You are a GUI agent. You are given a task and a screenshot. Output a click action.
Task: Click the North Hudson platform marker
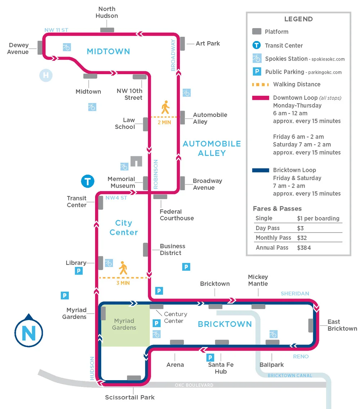point(107,30)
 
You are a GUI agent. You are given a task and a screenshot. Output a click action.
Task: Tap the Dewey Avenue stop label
point(19,49)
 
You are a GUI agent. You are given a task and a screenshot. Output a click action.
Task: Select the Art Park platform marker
point(182,44)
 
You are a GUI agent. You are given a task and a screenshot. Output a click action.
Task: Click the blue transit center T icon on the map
point(87,181)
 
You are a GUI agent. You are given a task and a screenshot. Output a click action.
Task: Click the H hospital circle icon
point(46,76)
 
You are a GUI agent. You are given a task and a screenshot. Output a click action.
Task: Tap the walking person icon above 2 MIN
point(165,107)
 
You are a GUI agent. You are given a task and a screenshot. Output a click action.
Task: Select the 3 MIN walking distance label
point(123,283)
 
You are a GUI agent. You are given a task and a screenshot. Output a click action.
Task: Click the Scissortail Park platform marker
point(134,378)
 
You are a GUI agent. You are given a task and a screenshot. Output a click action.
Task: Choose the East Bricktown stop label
point(342,325)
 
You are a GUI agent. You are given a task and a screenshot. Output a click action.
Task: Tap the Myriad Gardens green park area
point(125,324)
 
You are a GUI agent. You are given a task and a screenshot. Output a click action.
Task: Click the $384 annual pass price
point(304,248)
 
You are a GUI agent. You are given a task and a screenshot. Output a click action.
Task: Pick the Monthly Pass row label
point(273,238)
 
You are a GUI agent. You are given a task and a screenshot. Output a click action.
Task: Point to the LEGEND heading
point(298,19)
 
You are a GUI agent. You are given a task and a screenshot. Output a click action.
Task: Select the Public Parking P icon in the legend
point(256,72)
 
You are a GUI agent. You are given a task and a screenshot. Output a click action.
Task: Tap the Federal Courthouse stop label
point(177,215)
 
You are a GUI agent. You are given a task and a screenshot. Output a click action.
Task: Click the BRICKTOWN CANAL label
point(290,376)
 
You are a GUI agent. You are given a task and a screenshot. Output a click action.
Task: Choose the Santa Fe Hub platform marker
point(222,342)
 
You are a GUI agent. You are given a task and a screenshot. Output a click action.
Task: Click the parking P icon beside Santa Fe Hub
point(210,358)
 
